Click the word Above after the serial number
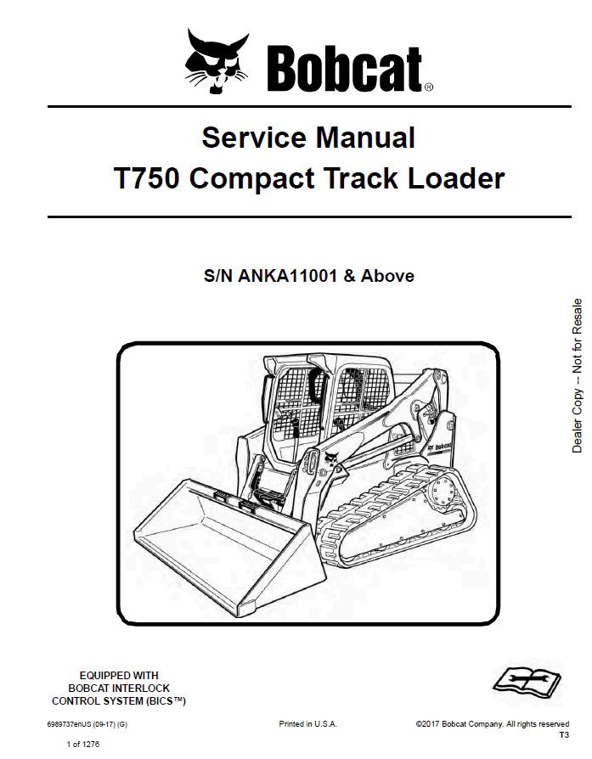pos(389,276)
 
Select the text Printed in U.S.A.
pos(307,724)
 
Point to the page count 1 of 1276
pos(82,745)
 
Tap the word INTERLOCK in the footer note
pos(140,689)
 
